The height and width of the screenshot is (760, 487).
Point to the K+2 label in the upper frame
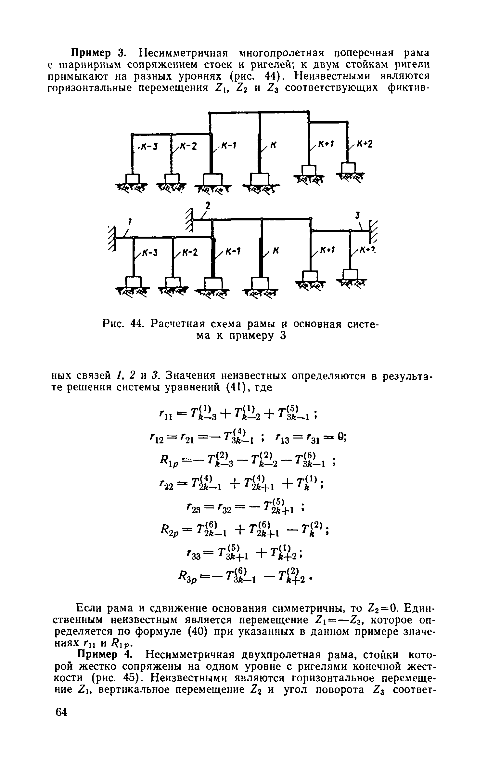(365, 144)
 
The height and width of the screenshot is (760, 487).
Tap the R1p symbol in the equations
(169, 460)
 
